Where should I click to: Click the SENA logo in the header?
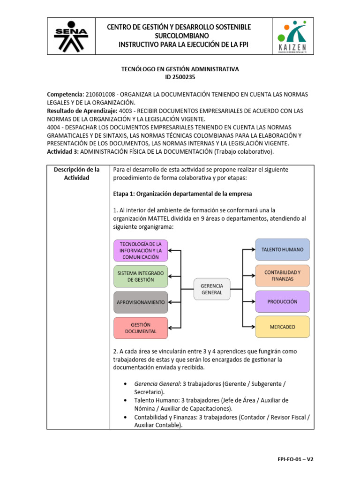[71, 37]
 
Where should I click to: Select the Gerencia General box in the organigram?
[211, 289]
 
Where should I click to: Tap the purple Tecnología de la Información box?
[141, 251]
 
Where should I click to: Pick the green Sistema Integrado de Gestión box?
[141, 276]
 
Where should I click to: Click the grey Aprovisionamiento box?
[141, 302]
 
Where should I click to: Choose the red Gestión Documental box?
[141, 328]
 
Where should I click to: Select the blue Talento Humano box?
[282, 249]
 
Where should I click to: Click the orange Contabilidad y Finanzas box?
[282, 276]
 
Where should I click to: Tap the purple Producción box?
[282, 301]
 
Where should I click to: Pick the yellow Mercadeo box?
[282, 327]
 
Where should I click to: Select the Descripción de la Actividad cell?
[78, 173]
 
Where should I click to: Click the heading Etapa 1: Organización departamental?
[182, 194]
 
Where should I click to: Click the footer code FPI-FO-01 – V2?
[294, 459]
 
